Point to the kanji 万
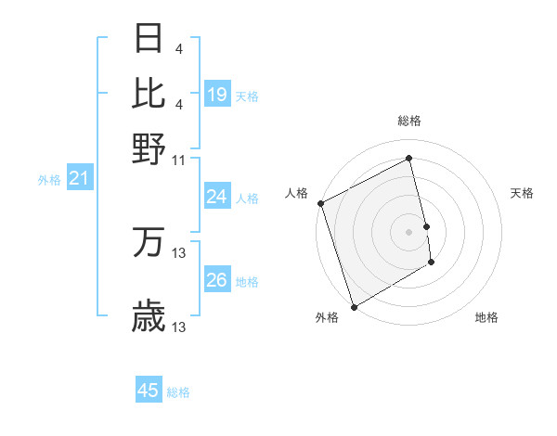[x=149, y=243]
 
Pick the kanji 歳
[x=149, y=317]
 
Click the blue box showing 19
[x=217, y=94]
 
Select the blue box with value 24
[x=217, y=197]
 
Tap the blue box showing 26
[x=217, y=280]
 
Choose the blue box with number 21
[x=79, y=179]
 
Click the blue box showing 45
[x=149, y=391]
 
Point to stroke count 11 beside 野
[x=179, y=160]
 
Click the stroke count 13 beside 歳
[x=179, y=327]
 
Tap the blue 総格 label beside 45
[x=179, y=392]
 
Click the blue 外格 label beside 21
[x=49, y=180]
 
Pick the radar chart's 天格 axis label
[x=523, y=193]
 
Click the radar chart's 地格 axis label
[x=486, y=317]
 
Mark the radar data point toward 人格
[x=320, y=203]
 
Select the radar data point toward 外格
[x=354, y=306]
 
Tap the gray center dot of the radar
[x=409, y=232]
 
